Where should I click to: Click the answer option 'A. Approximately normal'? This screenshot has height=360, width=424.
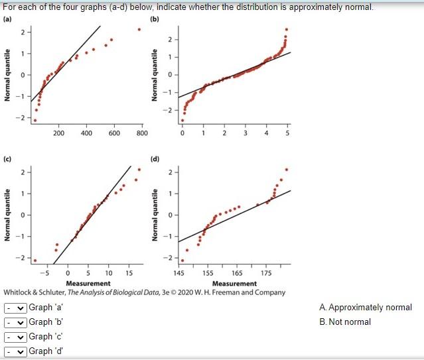tap(365, 308)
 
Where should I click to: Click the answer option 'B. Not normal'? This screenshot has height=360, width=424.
tap(345, 322)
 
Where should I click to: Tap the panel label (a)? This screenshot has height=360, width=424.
tap(8, 19)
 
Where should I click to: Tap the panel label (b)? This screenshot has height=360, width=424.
tap(155, 19)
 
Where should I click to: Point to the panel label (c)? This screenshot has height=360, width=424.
tap(8, 159)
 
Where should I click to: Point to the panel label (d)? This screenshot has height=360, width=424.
tap(155, 159)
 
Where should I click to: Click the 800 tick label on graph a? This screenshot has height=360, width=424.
tap(141, 133)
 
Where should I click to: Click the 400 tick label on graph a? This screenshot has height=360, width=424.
tap(86, 133)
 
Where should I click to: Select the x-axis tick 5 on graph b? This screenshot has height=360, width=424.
tap(288, 133)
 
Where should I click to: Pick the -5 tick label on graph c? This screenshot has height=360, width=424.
tap(44, 273)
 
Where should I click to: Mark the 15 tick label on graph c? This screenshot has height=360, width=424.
tap(129, 273)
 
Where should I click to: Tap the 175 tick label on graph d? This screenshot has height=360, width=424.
tap(266, 273)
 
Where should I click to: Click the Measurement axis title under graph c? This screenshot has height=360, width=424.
tap(89, 284)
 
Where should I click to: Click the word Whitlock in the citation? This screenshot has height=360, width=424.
tap(20, 292)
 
